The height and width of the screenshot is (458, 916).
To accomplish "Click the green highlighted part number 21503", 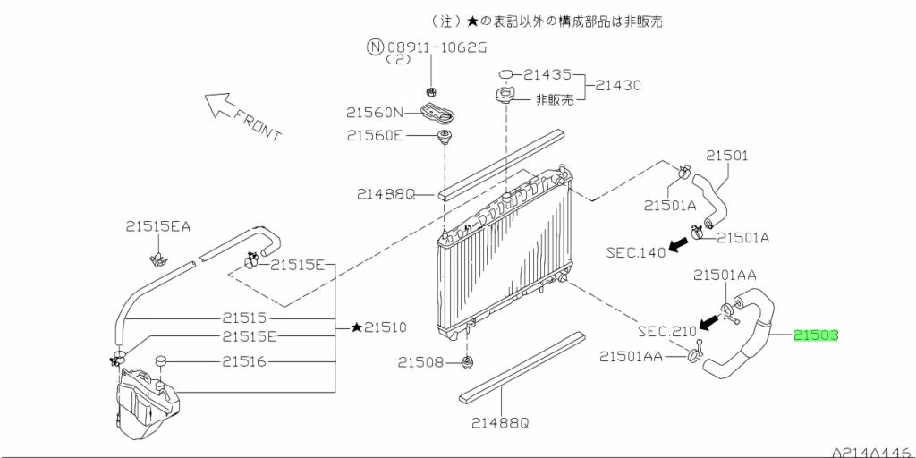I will tap(815, 336).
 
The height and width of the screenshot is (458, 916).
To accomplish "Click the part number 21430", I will tap(618, 86).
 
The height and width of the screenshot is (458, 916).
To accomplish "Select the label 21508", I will tap(420, 362).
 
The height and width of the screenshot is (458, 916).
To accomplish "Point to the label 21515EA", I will tap(158, 227).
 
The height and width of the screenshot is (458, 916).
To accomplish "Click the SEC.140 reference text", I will tap(636, 252).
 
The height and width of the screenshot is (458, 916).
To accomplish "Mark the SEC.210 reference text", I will tap(666, 331).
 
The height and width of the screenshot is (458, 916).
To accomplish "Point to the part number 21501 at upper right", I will tap(726, 156).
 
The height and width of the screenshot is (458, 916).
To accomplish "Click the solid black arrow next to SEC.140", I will tap(683, 242).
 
